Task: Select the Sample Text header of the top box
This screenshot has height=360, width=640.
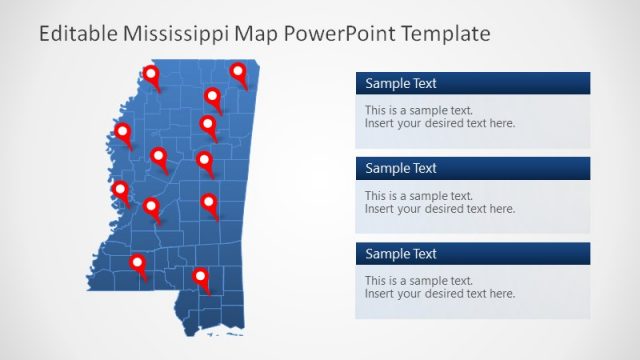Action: (x=401, y=84)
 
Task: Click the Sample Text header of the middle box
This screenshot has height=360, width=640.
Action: (x=401, y=168)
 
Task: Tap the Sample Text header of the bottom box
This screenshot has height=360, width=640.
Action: (x=401, y=254)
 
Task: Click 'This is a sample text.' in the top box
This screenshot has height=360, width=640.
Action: (x=419, y=111)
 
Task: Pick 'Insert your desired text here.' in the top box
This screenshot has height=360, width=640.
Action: (x=440, y=124)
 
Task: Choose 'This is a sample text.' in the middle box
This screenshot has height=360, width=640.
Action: (x=419, y=196)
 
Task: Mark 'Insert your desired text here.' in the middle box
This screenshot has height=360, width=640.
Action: (x=440, y=209)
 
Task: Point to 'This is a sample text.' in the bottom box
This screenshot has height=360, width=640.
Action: (x=419, y=281)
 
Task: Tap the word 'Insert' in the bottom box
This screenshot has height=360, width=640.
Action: (x=380, y=294)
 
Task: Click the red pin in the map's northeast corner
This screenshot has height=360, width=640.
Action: (x=238, y=72)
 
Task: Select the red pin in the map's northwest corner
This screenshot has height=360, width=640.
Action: (x=151, y=74)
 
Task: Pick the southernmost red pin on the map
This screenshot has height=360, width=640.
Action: (x=201, y=277)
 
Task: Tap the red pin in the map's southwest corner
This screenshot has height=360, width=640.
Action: (x=138, y=264)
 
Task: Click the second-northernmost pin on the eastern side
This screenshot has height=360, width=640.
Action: (x=213, y=96)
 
